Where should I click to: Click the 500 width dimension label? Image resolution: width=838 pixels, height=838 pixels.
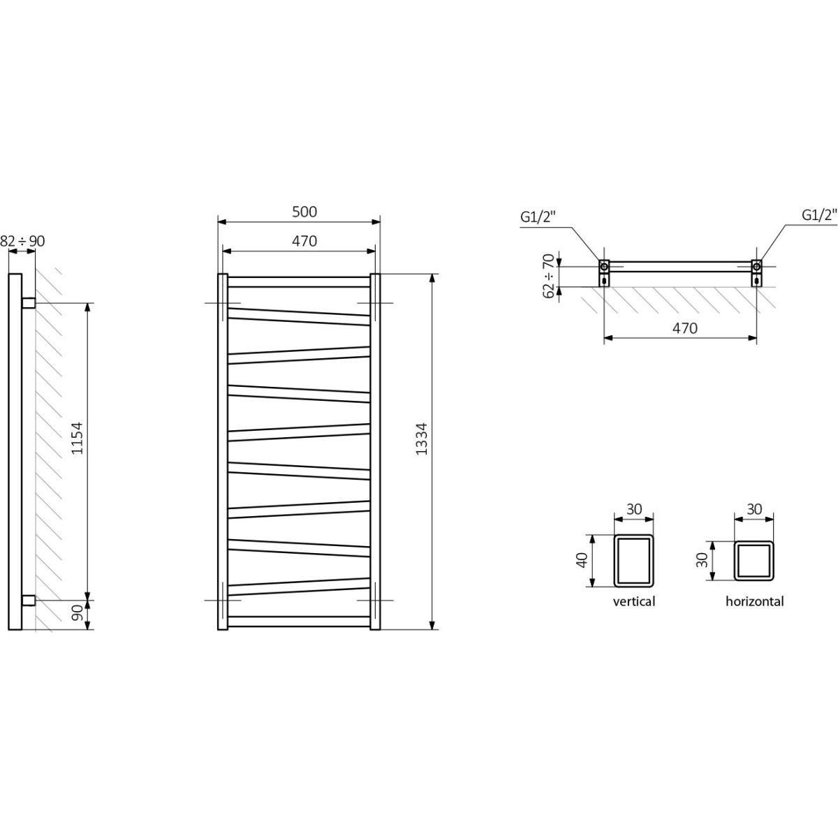coord(304,212)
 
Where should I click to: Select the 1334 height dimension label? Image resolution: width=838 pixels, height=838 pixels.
coord(421,439)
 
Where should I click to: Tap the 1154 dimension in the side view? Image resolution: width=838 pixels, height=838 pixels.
coord(77,438)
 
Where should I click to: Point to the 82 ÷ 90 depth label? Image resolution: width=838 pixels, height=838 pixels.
coord(22,241)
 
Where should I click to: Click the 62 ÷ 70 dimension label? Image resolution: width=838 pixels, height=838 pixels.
coord(550,276)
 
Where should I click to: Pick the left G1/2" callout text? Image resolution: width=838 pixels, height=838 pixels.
coord(538,216)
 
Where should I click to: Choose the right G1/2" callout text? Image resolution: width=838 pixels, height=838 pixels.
coord(820,215)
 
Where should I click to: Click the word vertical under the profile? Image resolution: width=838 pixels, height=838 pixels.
coord(633,601)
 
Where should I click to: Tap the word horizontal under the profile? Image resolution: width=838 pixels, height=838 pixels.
coord(754,601)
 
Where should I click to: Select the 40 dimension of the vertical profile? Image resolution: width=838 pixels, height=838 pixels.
coord(582,559)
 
